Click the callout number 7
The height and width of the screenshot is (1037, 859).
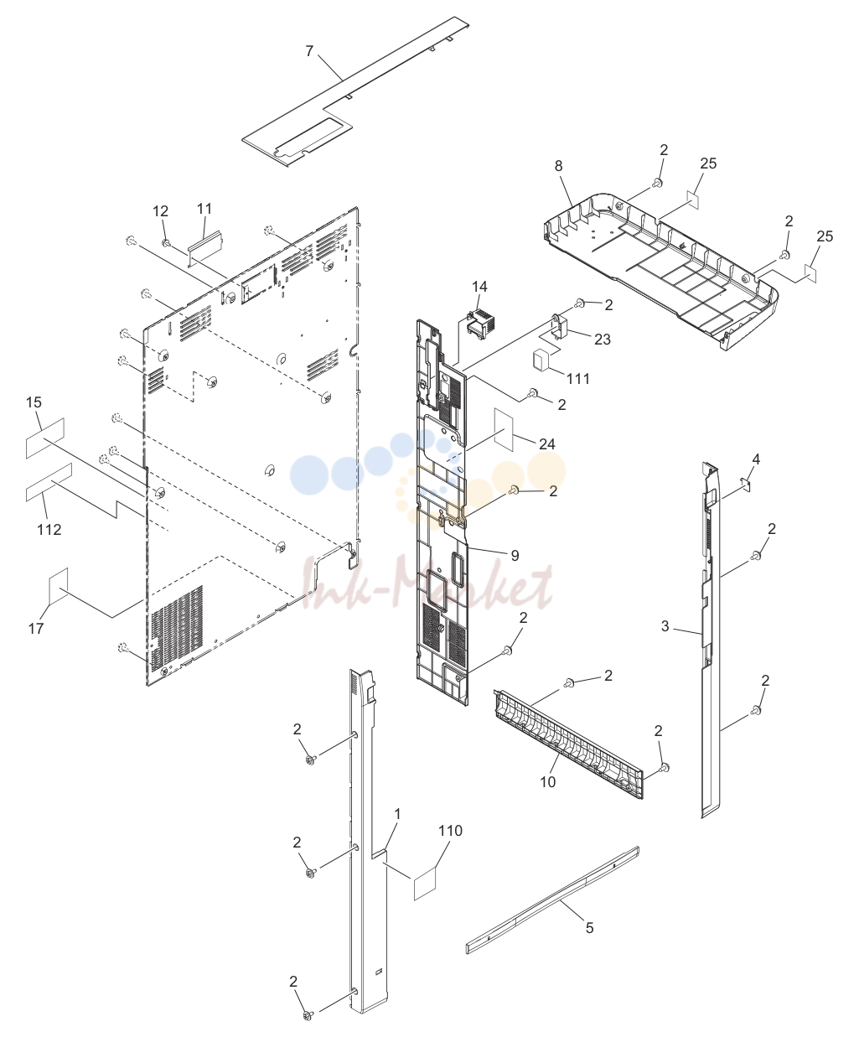(309, 51)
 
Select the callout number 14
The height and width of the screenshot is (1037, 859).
(479, 287)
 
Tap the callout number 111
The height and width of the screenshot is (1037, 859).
(578, 378)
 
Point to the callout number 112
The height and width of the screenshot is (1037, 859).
(49, 530)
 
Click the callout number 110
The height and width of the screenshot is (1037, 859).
(450, 831)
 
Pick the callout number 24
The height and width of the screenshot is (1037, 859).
(547, 443)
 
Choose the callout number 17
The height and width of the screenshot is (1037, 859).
(36, 629)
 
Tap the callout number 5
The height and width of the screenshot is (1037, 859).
(589, 927)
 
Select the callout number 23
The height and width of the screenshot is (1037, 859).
(603, 340)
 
